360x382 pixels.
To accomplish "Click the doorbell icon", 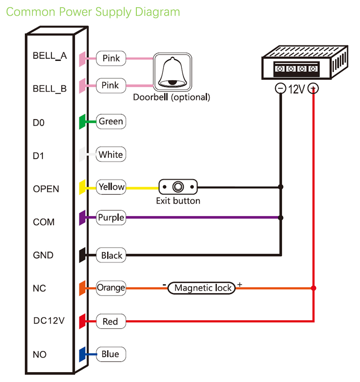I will (x=173, y=72).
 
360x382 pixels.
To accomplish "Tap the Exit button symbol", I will (x=178, y=186).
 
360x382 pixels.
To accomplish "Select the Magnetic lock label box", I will (x=202, y=288).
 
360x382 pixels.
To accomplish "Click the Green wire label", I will (x=111, y=121).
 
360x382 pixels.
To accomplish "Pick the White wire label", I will (x=111, y=155).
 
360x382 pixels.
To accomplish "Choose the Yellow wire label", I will (x=111, y=187).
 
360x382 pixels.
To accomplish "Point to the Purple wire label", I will (x=111, y=218).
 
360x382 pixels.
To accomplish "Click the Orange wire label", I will (x=111, y=288).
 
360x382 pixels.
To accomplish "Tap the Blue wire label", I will (x=110, y=354).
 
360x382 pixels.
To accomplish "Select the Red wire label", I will (x=110, y=321).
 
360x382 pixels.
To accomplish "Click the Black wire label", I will (x=111, y=256).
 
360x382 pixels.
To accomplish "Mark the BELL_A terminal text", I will (x=49, y=56).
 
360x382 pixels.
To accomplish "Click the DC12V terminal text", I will (x=49, y=321).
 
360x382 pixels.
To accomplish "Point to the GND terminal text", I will (x=43, y=255).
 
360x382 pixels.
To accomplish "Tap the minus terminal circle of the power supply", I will (x=280, y=89).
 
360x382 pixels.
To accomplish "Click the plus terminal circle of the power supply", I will (x=313, y=89).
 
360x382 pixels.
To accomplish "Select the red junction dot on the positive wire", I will (x=314, y=288).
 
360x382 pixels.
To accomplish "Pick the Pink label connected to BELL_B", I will (x=111, y=85).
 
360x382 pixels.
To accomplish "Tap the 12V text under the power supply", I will (x=297, y=89).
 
